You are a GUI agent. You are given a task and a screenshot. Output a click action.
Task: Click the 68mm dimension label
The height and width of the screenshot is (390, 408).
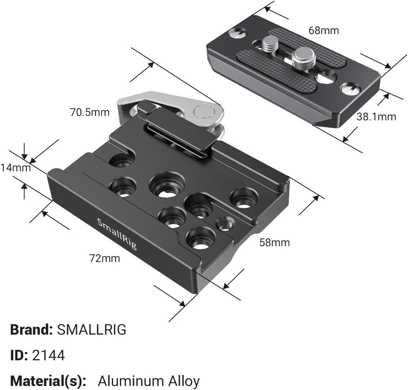pyautogui.click(x=324, y=30)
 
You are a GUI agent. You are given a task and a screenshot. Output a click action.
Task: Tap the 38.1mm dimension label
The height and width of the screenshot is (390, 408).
pyautogui.click(x=376, y=116)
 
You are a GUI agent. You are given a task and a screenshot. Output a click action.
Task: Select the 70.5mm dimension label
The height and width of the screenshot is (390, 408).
pyautogui.click(x=90, y=112)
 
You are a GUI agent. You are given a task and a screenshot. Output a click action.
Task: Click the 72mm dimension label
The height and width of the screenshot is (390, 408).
pyautogui.click(x=105, y=258)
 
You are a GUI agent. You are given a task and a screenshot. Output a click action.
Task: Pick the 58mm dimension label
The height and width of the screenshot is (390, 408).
pyautogui.click(x=275, y=242)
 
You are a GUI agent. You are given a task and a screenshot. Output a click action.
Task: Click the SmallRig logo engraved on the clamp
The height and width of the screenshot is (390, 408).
pyautogui.click(x=117, y=234)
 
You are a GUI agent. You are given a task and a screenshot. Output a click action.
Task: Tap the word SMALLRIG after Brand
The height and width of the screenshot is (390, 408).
pyautogui.click(x=91, y=330)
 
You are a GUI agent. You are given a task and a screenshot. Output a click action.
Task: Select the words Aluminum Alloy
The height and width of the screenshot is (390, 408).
pyautogui.click(x=148, y=381)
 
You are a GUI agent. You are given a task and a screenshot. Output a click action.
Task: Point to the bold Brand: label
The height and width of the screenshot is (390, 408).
pyautogui.click(x=31, y=330)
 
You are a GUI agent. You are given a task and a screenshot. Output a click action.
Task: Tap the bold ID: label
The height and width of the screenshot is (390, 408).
pyautogui.click(x=19, y=355)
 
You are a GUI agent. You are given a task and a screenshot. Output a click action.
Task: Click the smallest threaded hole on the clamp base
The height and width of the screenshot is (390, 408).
pyautogui.click(x=225, y=223)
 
